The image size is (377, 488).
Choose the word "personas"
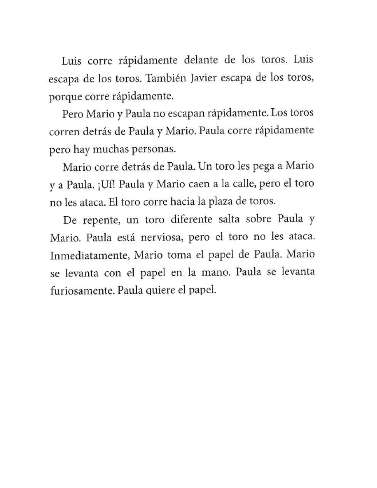[x=153, y=149]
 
